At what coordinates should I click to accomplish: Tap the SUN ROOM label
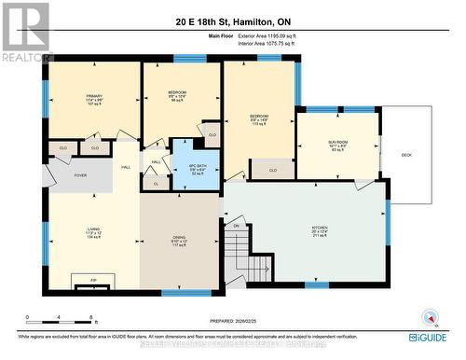coord(336,144)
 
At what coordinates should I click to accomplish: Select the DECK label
coord(406,155)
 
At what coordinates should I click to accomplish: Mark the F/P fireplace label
coord(93,280)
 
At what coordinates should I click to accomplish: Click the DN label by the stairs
coord(237,226)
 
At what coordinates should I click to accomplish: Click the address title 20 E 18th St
coord(233,20)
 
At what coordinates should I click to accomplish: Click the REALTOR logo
coord(25,32)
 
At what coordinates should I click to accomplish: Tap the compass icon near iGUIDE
coord(430,317)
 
